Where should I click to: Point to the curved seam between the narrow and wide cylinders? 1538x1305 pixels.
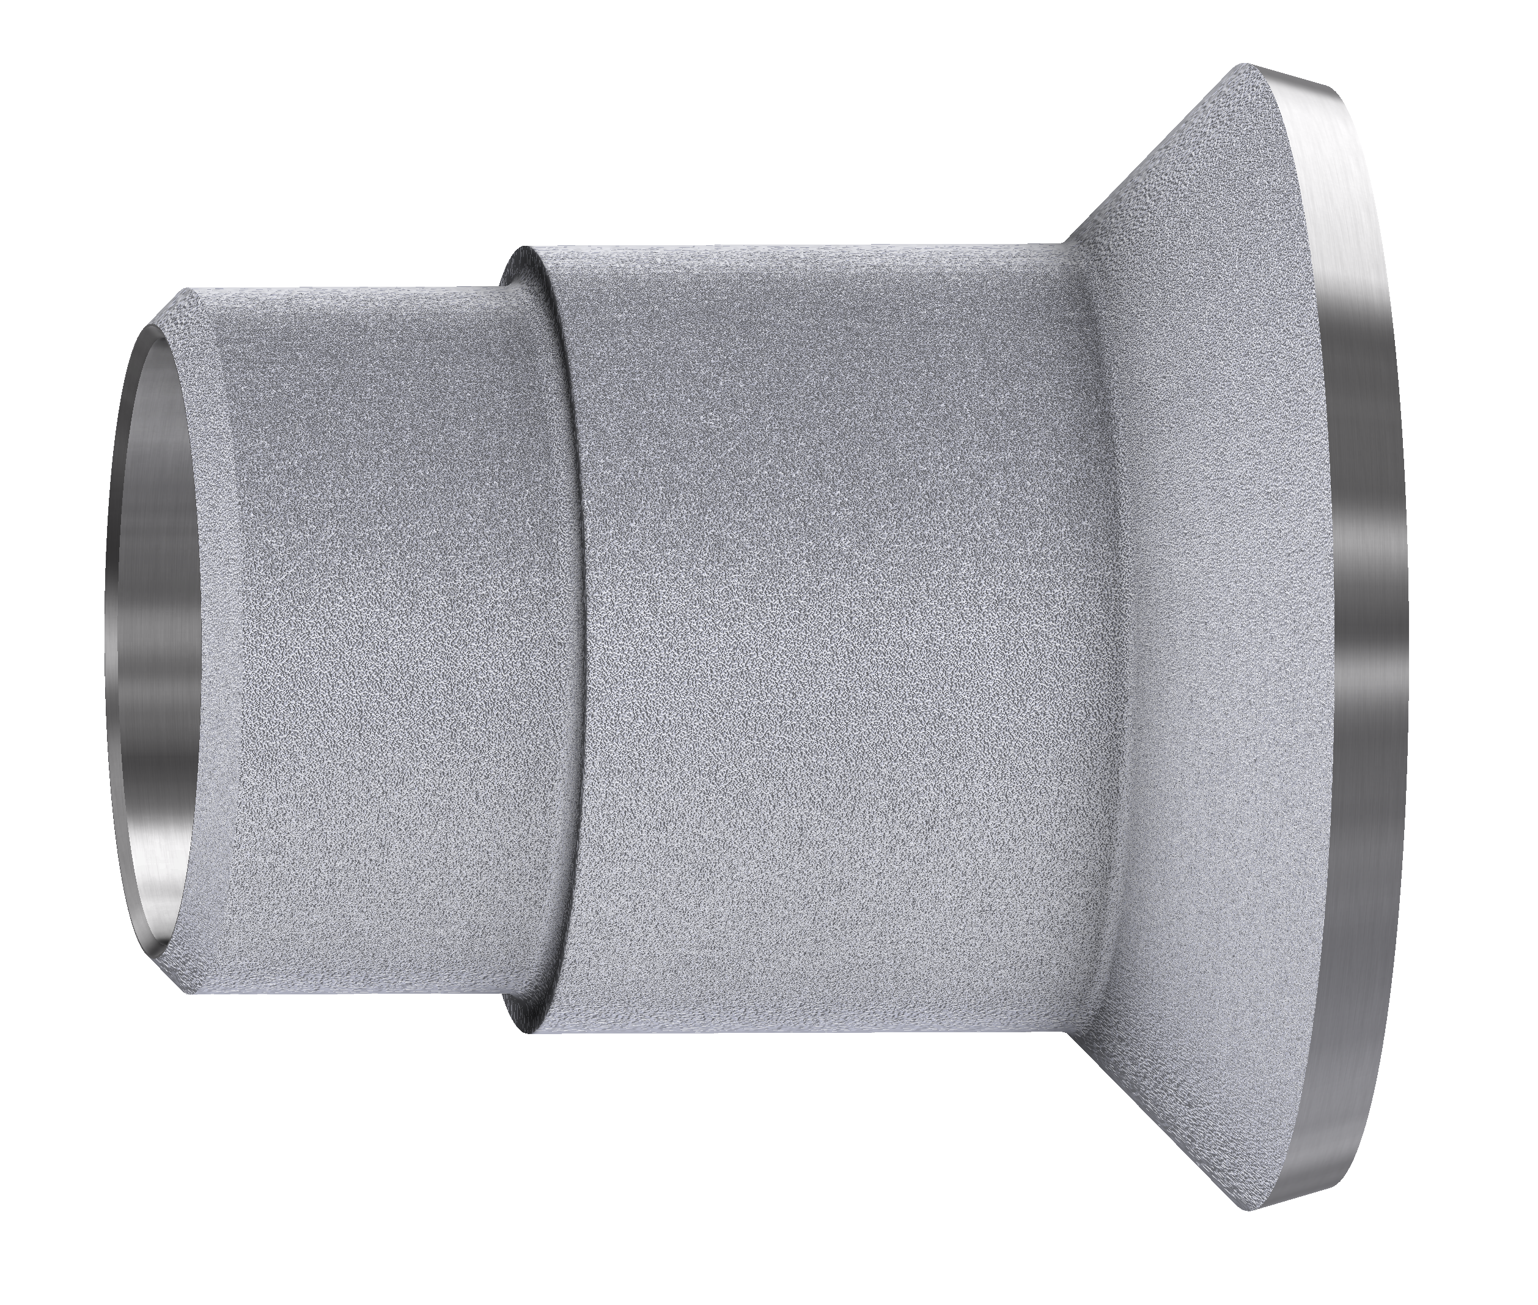[x=573, y=636]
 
